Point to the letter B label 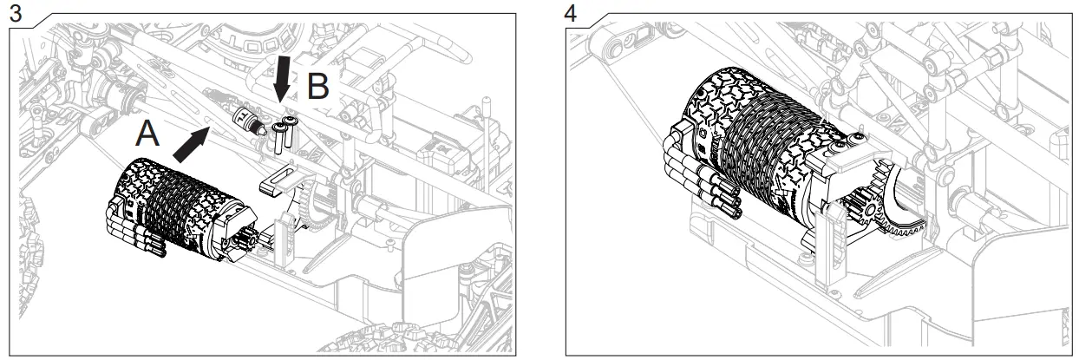click(317, 88)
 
